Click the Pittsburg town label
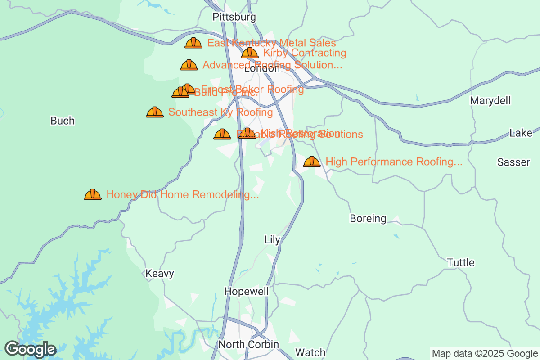click(x=234, y=17)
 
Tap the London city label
click(x=261, y=69)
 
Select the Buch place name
click(x=63, y=121)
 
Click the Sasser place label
click(x=513, y=162)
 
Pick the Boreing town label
click(x=368, y=219)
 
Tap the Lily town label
click(x=272, y=240)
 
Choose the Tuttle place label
click(x=461, y=262)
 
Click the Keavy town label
click(x=160, y=274)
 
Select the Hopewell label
click(x=247, y=292)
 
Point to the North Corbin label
click(x=248, y=344)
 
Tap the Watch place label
click(x=310, y=352)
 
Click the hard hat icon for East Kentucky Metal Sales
click(x=193, y=43)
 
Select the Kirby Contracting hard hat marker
click(x=250, y=53)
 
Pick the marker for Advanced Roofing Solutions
click(x=189, y=65)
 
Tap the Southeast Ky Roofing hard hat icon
click(x=155, y=112)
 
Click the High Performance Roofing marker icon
click(x=312, y=162)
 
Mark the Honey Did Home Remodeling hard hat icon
click(x=93, y=194)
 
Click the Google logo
click(x=30, y=349)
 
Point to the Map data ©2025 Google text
click(x=485, y=353)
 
